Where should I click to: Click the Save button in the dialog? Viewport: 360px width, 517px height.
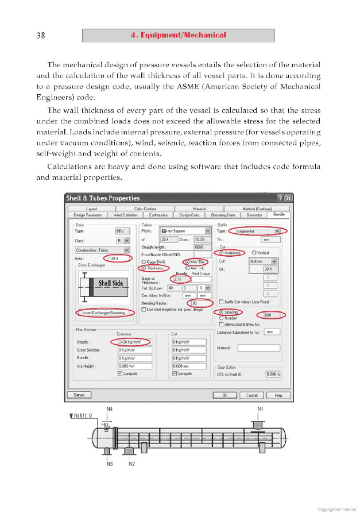79,395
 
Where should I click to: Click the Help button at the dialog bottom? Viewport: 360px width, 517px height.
278,395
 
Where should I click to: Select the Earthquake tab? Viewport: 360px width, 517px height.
156,215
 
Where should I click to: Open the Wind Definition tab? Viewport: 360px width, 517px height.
125,215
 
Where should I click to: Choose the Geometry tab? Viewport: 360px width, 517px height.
254,215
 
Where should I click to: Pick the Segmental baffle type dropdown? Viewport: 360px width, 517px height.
261,231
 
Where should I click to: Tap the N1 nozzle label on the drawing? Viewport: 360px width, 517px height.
260,410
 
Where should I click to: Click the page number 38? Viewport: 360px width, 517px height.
41,36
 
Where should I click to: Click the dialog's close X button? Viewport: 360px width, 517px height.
288,198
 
